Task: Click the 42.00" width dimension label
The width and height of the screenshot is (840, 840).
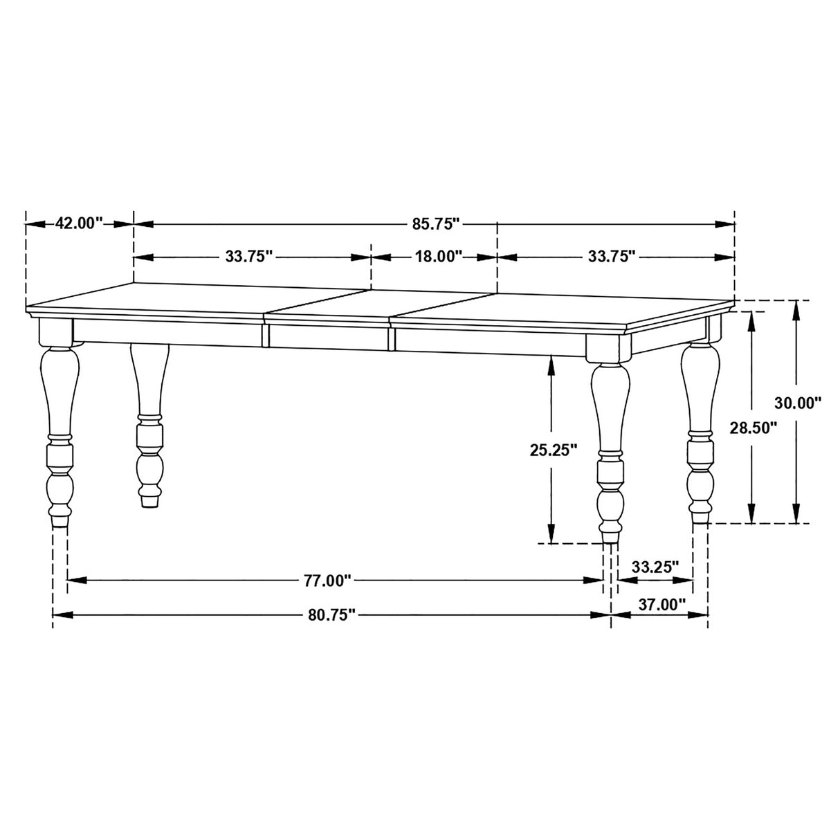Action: [79, 223]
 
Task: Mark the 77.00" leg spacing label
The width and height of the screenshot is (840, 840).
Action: [329, 581]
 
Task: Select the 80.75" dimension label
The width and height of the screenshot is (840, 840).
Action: [330, 614]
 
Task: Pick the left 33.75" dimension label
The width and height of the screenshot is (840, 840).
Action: [250, 257]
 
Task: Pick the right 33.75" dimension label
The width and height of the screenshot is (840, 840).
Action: [612, 257]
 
